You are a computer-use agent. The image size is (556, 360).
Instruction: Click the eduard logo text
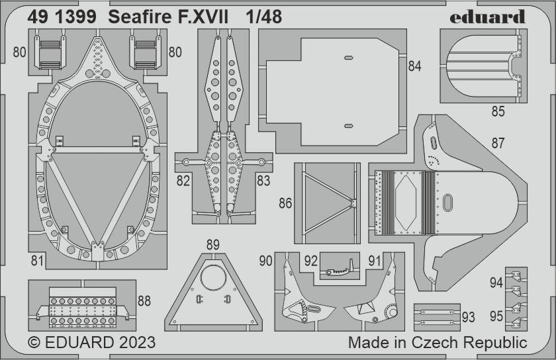point(488,17)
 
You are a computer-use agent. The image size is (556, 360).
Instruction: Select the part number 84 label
point(415,66)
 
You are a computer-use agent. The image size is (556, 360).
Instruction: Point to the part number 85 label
point(498,112)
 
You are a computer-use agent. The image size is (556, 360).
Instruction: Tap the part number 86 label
point(285,203)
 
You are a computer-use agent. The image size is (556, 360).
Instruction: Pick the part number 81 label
point(37,260)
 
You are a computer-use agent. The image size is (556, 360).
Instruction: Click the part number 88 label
point(144,301)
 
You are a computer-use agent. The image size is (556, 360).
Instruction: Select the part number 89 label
point(212,245)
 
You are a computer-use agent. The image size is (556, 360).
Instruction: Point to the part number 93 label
point(469,318)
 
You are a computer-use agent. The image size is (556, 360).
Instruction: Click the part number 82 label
point(183,181)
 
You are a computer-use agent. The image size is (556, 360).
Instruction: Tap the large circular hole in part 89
point(213,277)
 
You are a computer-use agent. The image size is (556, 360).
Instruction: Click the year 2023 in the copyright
point(136,343)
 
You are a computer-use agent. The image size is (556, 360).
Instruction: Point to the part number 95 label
point(496,316)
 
